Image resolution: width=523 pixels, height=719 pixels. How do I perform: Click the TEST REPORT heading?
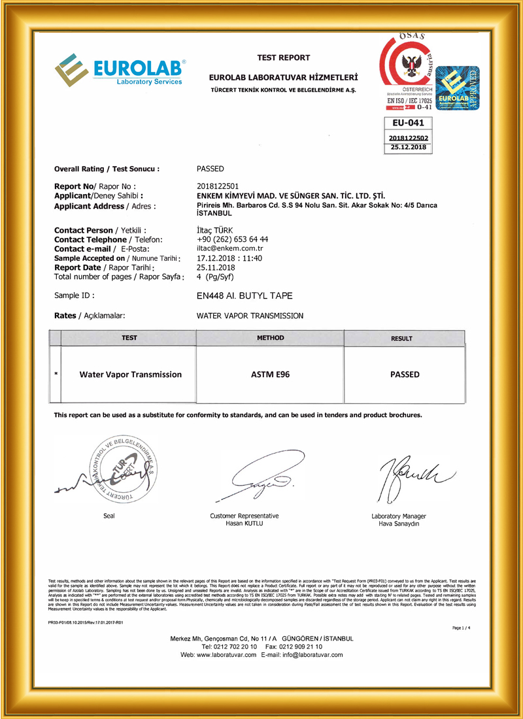tap(284, 58)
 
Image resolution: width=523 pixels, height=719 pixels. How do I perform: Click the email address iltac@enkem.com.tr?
tap(229, 248)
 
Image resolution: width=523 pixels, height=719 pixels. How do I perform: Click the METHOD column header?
tap(269, 338)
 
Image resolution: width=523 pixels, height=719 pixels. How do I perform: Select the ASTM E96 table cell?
tap(269, 375)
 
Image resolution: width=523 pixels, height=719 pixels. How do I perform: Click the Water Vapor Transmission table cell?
tap(130, 375)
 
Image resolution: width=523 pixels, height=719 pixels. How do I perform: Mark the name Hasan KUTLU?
tap(243, 524)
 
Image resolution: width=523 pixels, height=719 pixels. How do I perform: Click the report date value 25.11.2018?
tap(214, 267)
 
